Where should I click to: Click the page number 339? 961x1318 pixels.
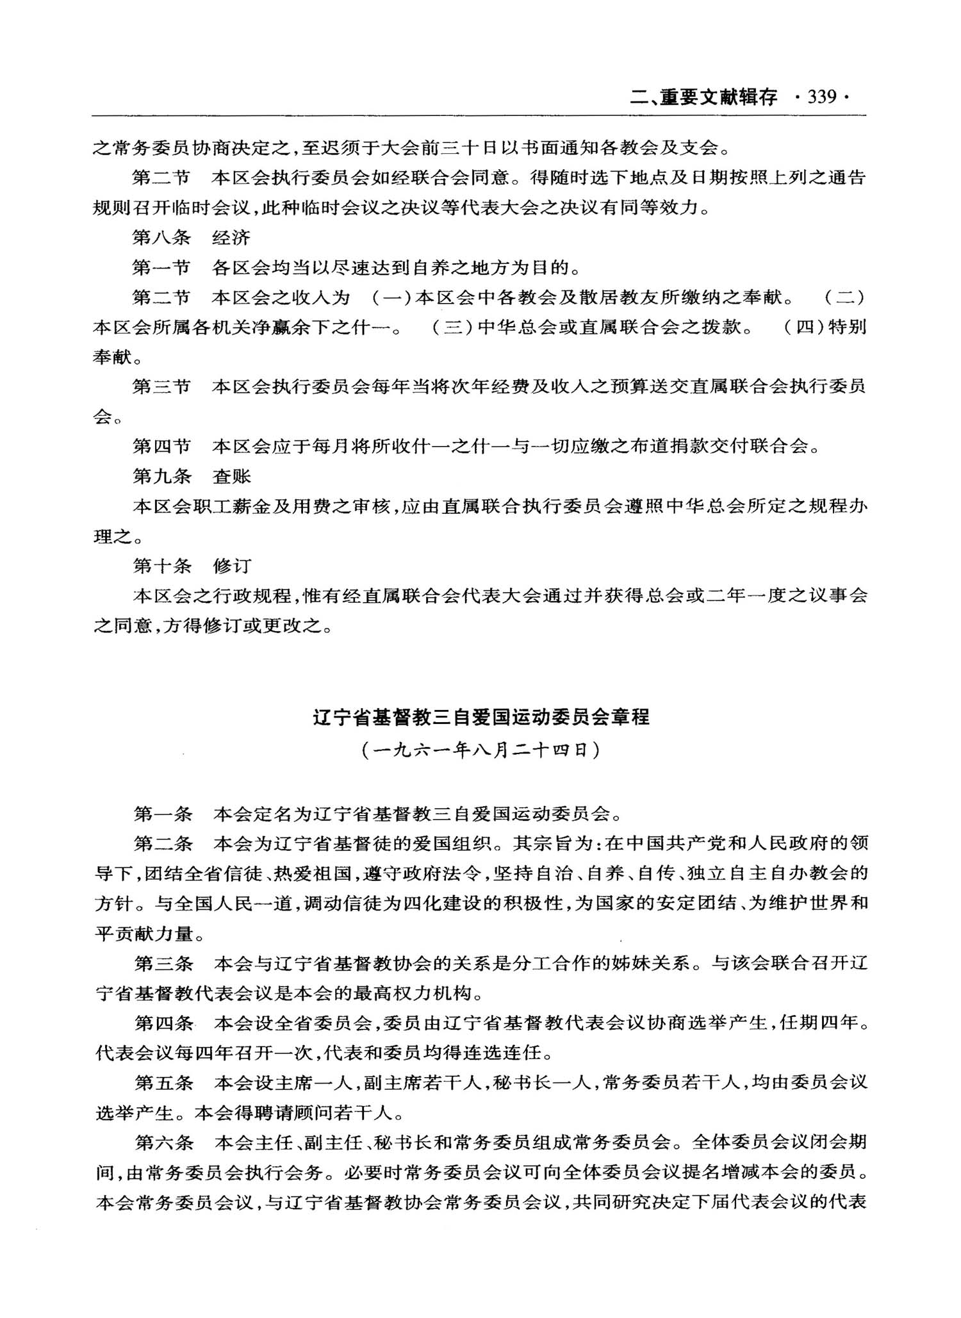(822, 97)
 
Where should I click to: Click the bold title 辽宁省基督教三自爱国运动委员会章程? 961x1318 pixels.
(481, 716)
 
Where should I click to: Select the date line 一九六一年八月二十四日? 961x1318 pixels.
(481, 749)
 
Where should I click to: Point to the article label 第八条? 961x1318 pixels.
(161, 238)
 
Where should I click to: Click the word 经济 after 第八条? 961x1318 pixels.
(231, 238)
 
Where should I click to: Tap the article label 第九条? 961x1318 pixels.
(161, 476)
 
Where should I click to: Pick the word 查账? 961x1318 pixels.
(231, 476)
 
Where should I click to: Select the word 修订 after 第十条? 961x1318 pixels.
(232, 566)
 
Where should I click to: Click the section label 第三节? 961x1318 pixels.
(161, 386)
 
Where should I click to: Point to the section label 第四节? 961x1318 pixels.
(161, 446)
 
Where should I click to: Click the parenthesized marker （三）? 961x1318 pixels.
(453, 327)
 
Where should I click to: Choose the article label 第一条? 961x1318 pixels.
(163, 814)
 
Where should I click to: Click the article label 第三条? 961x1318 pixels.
(163, 963)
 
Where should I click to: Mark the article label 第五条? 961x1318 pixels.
(163, 1083)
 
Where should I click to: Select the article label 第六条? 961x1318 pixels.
(163, 1142)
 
